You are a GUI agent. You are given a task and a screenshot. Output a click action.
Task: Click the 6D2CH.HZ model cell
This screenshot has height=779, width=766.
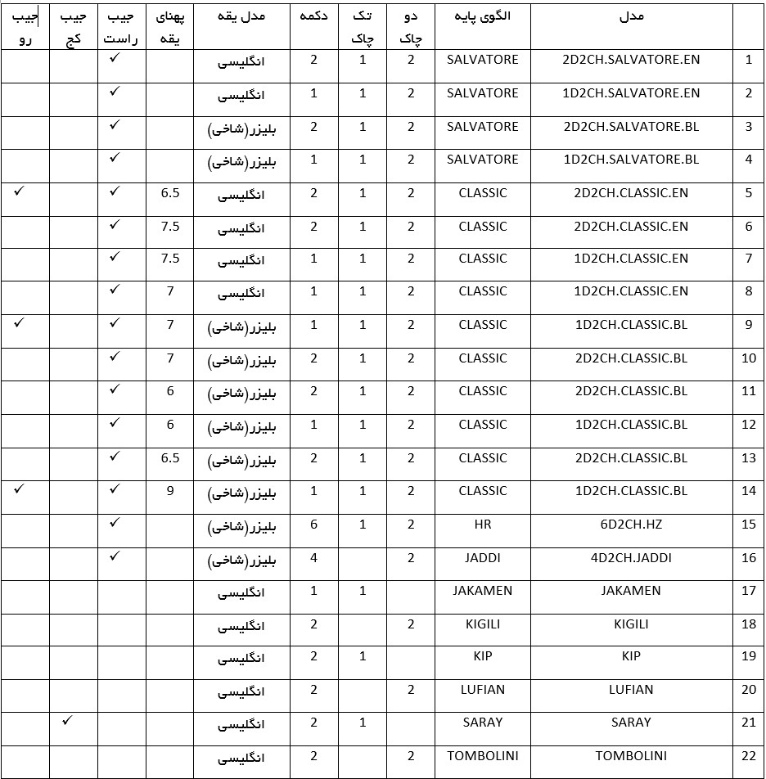click(631, 525)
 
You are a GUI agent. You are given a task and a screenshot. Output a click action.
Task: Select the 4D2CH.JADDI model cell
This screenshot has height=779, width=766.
click(631, 558)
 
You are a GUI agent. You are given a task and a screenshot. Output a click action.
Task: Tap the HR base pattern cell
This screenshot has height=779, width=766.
click(483, 525)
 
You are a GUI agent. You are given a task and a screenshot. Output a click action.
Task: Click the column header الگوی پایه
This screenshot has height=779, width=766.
click(483, 18)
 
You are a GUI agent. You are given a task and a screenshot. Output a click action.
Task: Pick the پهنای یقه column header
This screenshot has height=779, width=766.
click(170, 27)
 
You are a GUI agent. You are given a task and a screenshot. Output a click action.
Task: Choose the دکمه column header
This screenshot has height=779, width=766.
click(314, 18)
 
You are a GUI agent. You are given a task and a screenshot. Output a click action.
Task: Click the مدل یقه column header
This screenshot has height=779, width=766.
click(242, 18)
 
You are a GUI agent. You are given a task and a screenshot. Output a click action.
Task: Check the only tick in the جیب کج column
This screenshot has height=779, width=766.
click(69, 721)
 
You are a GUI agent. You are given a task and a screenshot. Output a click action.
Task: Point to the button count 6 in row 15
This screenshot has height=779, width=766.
click(314, 525)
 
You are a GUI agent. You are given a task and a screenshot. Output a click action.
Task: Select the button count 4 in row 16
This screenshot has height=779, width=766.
click(314, 558)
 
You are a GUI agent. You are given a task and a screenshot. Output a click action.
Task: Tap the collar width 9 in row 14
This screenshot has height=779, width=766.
click(170, 491)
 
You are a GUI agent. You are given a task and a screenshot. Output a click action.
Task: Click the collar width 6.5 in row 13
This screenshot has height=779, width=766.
click(170, 458)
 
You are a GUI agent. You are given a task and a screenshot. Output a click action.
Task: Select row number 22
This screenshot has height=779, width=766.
click(748, 756)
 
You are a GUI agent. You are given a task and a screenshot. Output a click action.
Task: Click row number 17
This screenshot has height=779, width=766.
click(748, 590)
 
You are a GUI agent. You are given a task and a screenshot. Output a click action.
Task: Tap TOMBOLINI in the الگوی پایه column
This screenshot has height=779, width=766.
click(483, 756)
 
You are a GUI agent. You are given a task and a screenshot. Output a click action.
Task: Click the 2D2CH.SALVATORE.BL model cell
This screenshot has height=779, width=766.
click(631, 127)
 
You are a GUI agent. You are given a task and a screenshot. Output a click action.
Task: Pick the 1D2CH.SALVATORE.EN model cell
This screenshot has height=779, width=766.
click(631, 93)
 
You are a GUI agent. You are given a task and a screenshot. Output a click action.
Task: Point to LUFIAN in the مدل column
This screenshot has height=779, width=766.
click(631, 690)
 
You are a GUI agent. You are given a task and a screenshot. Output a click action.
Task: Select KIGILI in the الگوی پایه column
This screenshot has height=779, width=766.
click(483, 624)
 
